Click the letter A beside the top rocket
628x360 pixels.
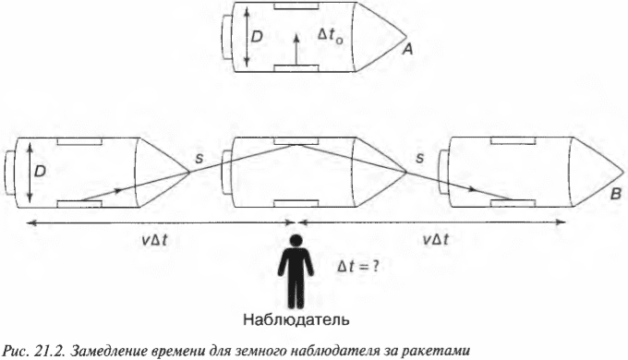tap(405, 54)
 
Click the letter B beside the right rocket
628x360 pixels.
tap(613, 195)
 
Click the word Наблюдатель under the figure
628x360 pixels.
tap(296, 321)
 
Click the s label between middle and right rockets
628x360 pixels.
tap(420, 160)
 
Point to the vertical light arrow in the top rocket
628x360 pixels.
tap(295, 50)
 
